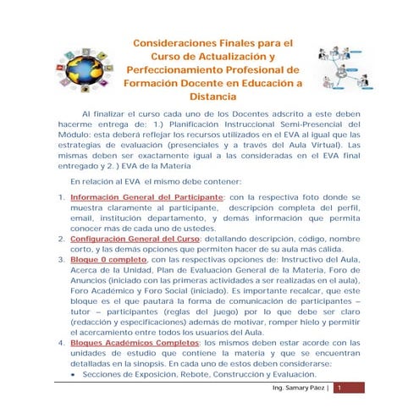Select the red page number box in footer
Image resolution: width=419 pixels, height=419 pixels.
[x=338, y=388]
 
